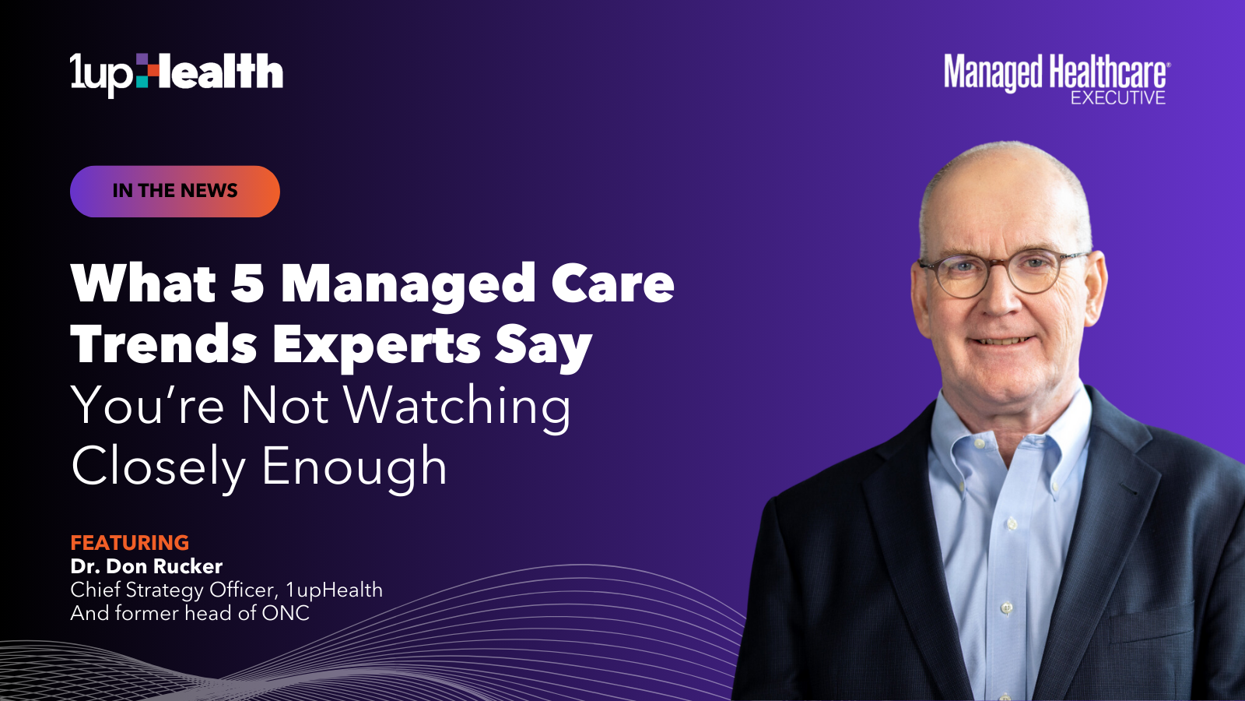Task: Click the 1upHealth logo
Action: click(176, 75)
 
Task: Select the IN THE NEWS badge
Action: click(175, 191)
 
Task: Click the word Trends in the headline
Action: click(163, 344)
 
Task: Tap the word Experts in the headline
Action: click(377, 347)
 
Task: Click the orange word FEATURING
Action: click(129, 542)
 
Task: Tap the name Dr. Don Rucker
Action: click(146, 566)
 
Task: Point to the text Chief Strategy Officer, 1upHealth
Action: click(226, 590)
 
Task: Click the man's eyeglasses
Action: click(1003, 273)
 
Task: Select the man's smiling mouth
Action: click(1002, 340)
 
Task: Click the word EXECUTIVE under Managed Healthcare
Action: click(1118, 98)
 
